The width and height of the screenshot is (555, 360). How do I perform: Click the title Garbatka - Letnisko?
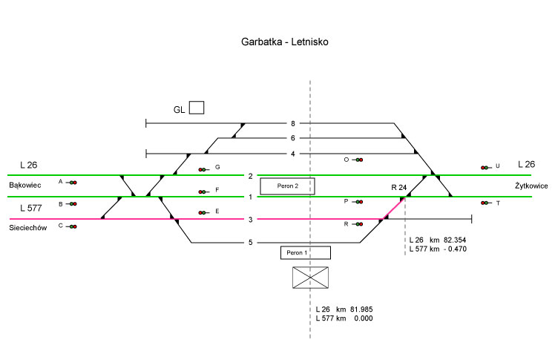[284, 42]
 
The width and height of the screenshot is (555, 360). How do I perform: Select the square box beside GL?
[197, 108]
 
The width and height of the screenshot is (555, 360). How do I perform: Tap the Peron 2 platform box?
[287, 186]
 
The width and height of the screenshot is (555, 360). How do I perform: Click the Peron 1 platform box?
[305, 253]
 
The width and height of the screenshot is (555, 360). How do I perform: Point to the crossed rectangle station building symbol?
[311, 278]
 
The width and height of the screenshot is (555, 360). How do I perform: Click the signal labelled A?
[73, 182]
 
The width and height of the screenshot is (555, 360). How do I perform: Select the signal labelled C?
[73, 226]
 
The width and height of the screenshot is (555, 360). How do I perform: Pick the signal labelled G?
[203, 169]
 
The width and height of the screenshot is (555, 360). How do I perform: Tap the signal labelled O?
[358, 160]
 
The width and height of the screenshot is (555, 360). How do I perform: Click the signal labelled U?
[485, 168]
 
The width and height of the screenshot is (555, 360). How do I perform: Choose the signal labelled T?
[485, 203]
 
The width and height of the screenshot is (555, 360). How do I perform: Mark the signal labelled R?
[358, 223]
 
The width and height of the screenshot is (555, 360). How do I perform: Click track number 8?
[293, 123]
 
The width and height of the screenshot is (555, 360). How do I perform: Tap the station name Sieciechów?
[28, 229]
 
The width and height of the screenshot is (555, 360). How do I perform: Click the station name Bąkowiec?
[24, 184]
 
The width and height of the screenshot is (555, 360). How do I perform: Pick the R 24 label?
[399, 188]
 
